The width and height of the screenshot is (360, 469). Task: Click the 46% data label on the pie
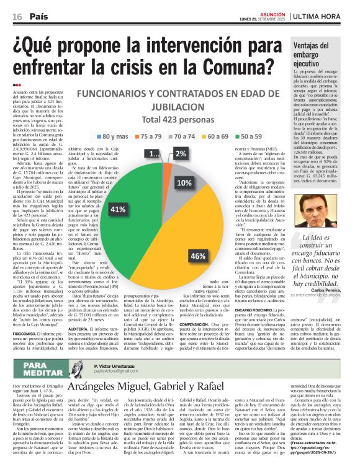tap(198, 239)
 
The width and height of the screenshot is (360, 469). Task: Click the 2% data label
tap(181, 153)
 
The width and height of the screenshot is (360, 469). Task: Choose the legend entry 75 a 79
tap(150, 136)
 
